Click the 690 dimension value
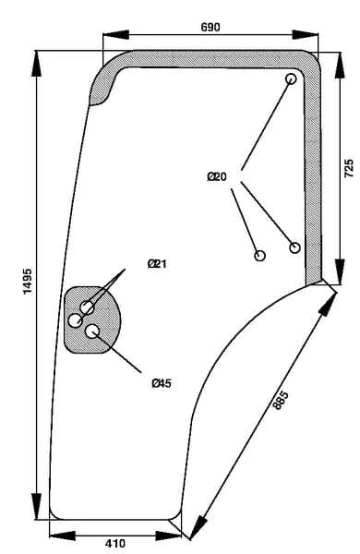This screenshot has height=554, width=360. pos(210,27)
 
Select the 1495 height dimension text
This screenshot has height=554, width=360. pos(28,282)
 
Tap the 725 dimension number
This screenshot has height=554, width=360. pos(348,168)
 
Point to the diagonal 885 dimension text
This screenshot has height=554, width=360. pos(281,400)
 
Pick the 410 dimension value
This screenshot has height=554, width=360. pos(115,543)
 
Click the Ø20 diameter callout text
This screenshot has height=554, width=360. pos(217,176)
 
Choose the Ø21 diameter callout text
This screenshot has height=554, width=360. pos(157,263)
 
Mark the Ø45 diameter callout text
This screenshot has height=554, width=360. pos(162,383)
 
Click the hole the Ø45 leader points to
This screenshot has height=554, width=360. pos(92,331)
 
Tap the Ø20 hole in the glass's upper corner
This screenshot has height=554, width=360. pos(291,78)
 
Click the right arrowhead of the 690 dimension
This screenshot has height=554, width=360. pos(306,35)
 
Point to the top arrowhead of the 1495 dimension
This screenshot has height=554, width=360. pos(36,64)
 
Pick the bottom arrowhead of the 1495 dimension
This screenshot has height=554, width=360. pos(36,507)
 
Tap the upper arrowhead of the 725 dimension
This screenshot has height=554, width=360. pos(340,65)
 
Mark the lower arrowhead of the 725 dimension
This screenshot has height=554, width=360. pos(340,271)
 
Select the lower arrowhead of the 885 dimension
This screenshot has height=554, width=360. pos(198,527)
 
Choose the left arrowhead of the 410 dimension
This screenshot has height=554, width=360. pos(63,536)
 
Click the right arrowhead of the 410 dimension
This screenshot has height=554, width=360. pos(168,536)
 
